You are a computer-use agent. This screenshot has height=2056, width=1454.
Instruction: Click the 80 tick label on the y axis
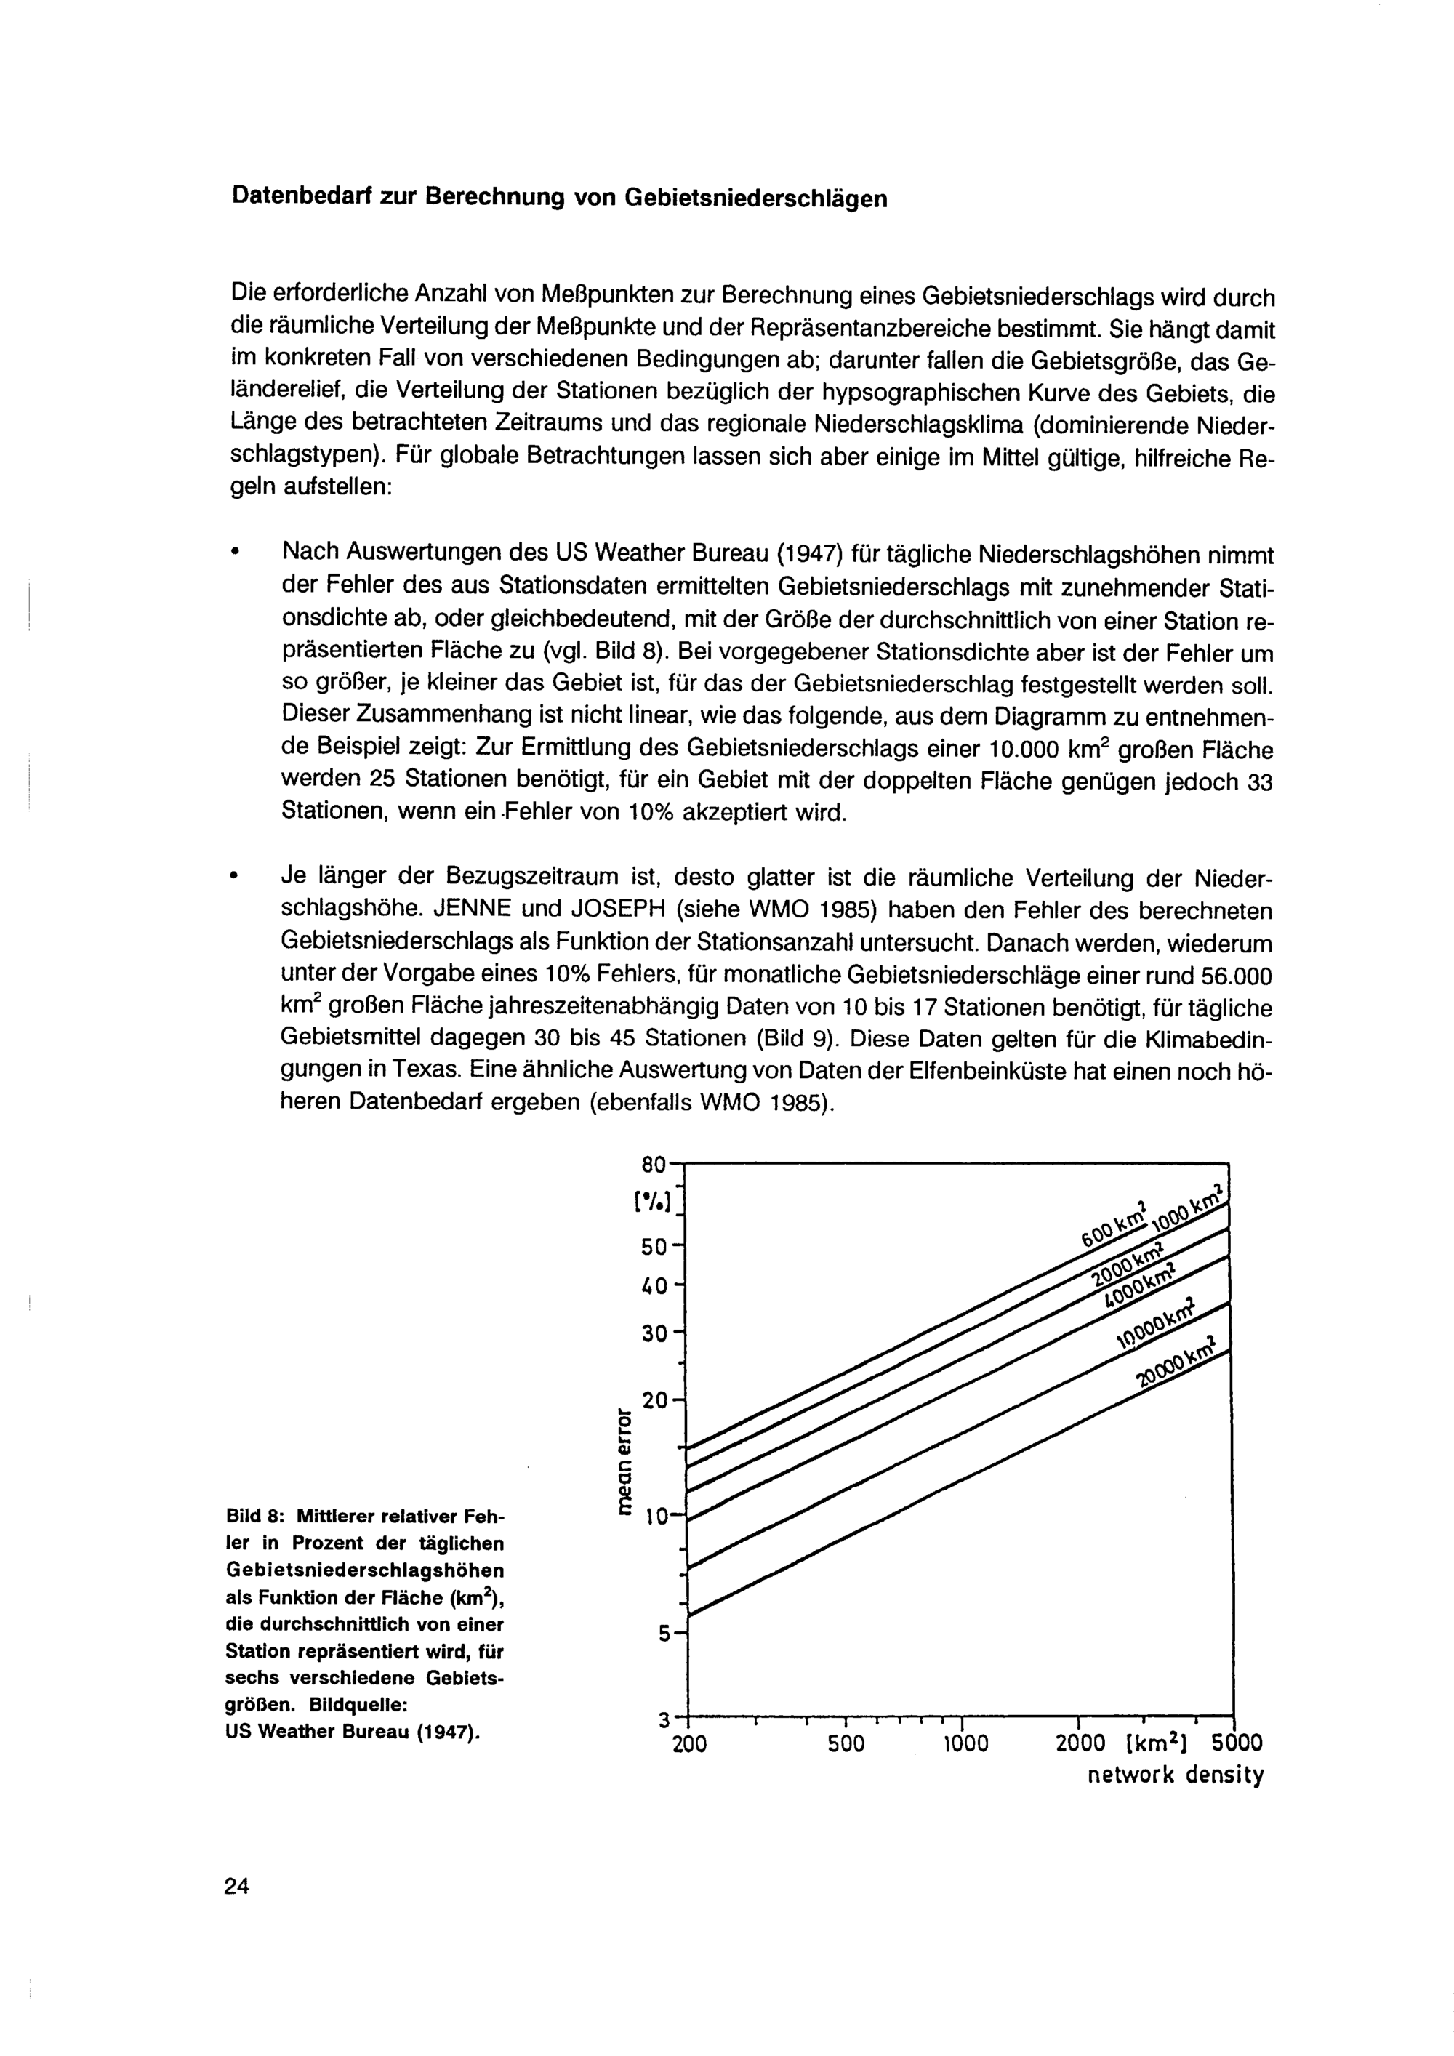click(x=654, y=1165)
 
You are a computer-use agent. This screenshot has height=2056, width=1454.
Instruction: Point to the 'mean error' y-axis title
click(x=627, y=1461)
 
